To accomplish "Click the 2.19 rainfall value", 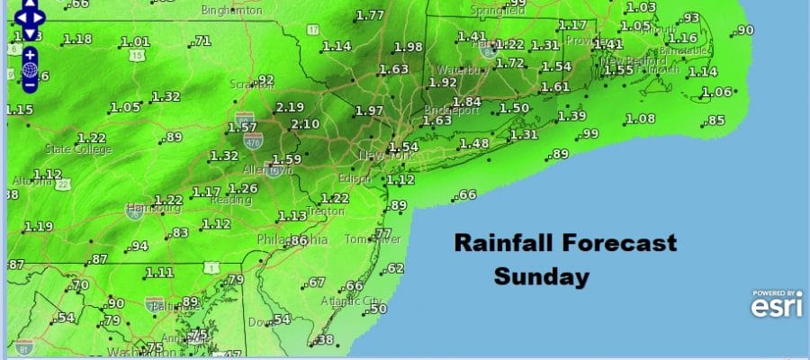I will click(x=291, y=107).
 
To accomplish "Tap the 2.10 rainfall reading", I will click(x=305, y=124).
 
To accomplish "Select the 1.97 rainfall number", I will click(x=371, y=111).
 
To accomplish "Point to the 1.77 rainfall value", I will click(x=371, y=16).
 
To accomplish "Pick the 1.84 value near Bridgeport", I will click(x=466, y=102).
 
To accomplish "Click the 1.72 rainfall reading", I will click(x=510, y=63).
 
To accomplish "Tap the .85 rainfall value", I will click(x=716, y=121).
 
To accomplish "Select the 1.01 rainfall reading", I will click(x=135, y=42).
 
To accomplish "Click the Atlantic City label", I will click(x=353, y=301).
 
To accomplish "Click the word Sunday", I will click(x=540, y=277).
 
